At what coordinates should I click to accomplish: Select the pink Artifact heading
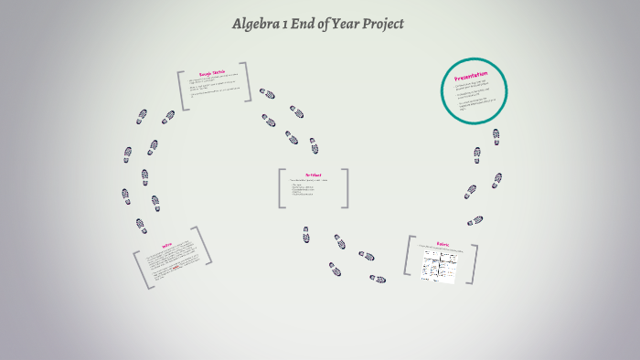tap(313, 175)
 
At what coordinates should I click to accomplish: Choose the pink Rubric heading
tap(443, 244)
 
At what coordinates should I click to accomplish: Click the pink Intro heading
tap(166, 244)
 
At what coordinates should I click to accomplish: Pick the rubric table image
tap(438, 265)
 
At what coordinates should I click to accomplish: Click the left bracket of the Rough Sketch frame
tap(181, 90)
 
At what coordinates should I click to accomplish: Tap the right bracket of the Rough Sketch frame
tap(244, 87)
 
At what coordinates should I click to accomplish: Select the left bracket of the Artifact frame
tap(281, 188)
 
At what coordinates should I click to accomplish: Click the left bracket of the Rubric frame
tap(406, 256)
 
